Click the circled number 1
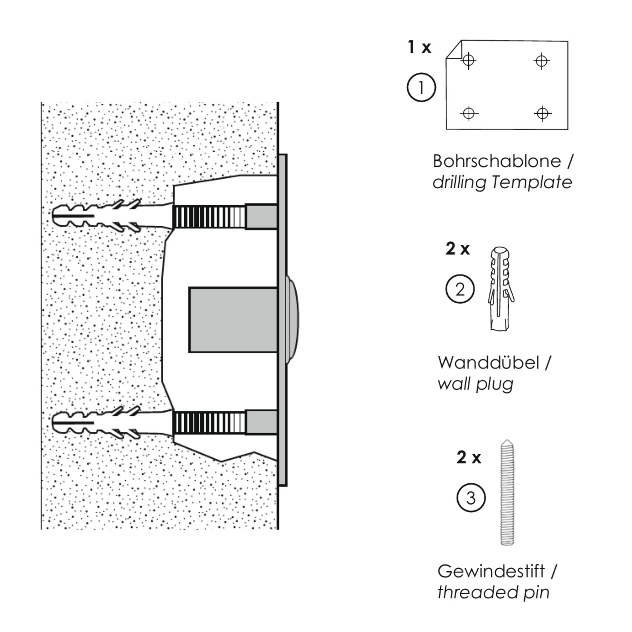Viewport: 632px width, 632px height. (x=421, y=87)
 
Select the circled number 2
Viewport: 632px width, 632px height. (x=460, y=289)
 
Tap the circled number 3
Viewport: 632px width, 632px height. (x=471, y=498)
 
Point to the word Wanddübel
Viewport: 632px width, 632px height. (x=488, y=363)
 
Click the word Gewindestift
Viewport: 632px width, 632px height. (x=491, y=571)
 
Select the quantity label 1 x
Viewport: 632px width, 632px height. (x=419, y=47)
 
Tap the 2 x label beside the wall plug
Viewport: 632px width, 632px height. (x=457, y=249)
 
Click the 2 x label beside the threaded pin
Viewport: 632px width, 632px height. (x=468, y=457)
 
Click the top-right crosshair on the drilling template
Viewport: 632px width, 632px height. (x=541, y=61)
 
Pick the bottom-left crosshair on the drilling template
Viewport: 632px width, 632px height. (x=469, y=113)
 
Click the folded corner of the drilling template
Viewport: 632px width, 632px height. (x=454, y=50)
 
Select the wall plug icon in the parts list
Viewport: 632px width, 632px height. (x=500, y=289)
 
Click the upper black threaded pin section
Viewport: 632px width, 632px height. (x=204, y=217)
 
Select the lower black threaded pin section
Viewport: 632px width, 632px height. (x=204, y=422)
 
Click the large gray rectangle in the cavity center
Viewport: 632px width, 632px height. (x=233, y=320)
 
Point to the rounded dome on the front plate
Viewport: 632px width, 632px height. (x=293, y=320)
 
